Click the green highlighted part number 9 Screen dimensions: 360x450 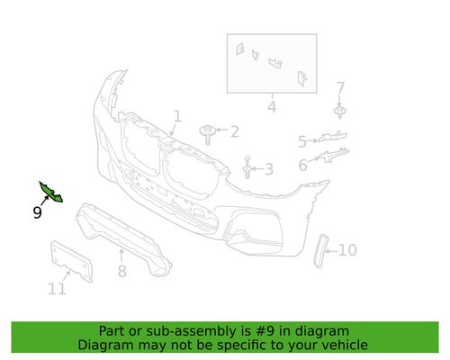pyautogui.click(x=49, y=192)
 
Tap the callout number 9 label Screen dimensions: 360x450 pyautogui.click(x=37, y=213)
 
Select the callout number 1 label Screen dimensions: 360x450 pyautogui.click(x=177, y=115)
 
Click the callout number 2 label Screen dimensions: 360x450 pyautogui.click(x=234, y=132)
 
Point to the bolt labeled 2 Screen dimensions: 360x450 pyautogui.click(x=208, y=134)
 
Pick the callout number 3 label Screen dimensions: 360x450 pyautogui.click(x=268, y=168)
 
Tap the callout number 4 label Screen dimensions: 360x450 pyautogui.click(x=271, y=108)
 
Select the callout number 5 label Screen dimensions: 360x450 pyautogui.click(x=303, y=140)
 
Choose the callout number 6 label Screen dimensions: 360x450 pyautogui.click(x=303, y=166)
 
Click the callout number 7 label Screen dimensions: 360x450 pyautogui.click(x=340, y=87)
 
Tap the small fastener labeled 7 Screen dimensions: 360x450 pyautogui.click(x=340, y=112)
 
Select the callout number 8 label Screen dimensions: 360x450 pyautogui.click(x=122, y=270)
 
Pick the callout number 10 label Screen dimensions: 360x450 pyautogui.click(x=347, y=250)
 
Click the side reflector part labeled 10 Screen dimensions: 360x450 pyautogui.click(x=319, y=250)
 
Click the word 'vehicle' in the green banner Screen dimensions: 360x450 pyautogui.click(x=343, y=345)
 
